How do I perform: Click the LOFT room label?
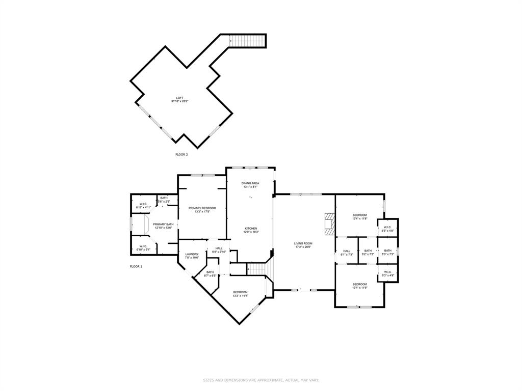(180, 98)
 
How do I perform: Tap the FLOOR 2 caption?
(181, 154)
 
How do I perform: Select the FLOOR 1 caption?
(136, 266)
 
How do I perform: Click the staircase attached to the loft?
(247, 40)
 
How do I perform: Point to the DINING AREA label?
(250, 183)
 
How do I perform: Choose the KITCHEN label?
(250, 228)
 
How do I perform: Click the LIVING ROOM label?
(303, 243)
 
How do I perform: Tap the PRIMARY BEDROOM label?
(202, 208)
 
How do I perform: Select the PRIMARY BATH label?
(163, 224)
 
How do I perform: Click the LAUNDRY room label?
(192, 254)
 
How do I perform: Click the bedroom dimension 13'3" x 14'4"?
(240, 296)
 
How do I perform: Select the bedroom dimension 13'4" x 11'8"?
(359, 219)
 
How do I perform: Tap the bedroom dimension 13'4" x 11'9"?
(359, 288)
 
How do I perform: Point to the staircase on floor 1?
(257, 269)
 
